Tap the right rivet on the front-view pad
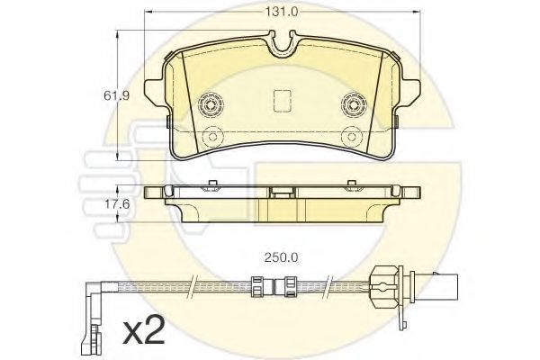click(352, 106)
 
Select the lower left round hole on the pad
click(212, 138)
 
